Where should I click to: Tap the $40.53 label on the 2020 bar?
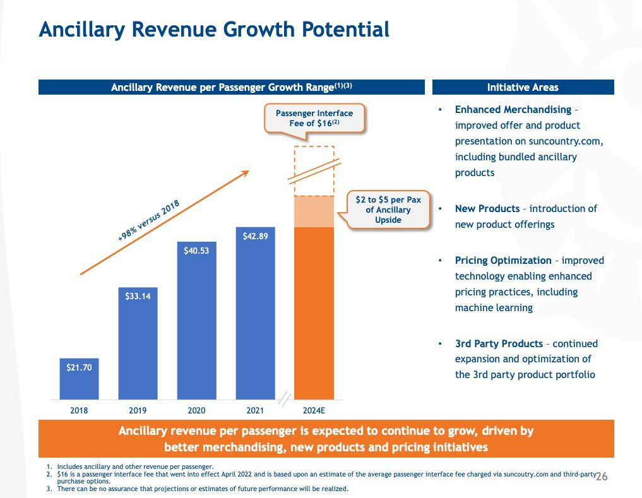point(196,251)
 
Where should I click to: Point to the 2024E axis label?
point(314,410)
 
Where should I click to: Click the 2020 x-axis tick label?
point(196,410)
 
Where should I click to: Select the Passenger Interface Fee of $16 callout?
point(314,118)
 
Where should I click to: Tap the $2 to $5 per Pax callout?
point(388,209)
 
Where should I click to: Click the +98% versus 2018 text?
point(149,220)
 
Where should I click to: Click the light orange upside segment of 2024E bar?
point(314,211)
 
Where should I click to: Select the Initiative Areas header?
point(523,87)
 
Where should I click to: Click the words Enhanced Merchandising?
point(513,110)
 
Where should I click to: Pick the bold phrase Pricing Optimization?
point(503,260)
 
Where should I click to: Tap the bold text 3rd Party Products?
point(499,343)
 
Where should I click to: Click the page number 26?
point(601,475)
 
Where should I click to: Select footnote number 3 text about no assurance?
point(201,489)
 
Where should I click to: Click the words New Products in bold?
point(487,208)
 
